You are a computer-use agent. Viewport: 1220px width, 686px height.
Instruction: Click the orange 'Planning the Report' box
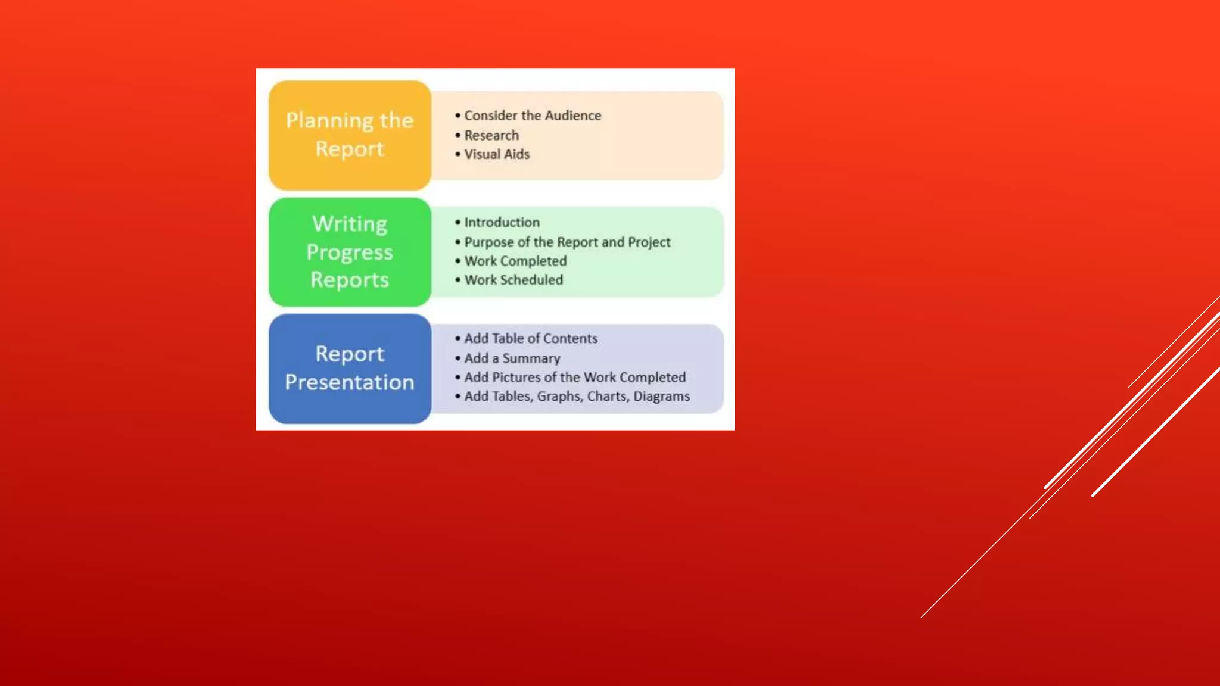350,135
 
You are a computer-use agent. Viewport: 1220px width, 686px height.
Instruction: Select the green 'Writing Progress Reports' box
350,252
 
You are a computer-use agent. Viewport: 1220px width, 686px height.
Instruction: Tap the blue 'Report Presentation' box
350,369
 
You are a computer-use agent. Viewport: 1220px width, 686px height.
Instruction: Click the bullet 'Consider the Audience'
533,116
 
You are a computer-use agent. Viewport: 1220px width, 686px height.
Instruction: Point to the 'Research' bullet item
491,136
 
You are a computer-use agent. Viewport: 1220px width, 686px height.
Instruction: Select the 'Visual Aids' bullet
497,154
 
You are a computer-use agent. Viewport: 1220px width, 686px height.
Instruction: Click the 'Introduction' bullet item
502,222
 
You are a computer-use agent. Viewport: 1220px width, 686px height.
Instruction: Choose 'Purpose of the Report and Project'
567,242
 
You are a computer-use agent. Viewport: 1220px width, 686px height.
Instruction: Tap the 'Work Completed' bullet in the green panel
515,261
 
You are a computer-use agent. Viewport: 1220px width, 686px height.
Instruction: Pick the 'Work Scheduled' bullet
513,280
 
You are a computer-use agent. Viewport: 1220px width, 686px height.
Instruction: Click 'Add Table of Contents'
531,338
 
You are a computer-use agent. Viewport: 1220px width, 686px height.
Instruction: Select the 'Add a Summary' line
512,358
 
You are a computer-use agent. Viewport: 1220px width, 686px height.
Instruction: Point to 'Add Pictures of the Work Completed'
575,378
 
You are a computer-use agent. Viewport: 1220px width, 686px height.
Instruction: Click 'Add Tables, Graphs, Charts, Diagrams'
577,397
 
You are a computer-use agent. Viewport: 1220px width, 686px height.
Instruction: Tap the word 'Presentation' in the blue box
350,382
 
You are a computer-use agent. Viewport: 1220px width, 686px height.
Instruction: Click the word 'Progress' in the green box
350,252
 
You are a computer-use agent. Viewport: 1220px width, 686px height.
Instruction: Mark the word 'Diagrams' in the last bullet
661,397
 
